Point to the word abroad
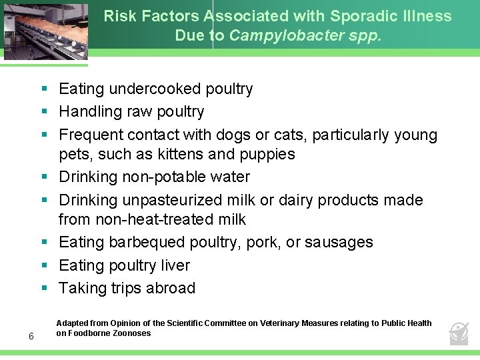tap(172, 288)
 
